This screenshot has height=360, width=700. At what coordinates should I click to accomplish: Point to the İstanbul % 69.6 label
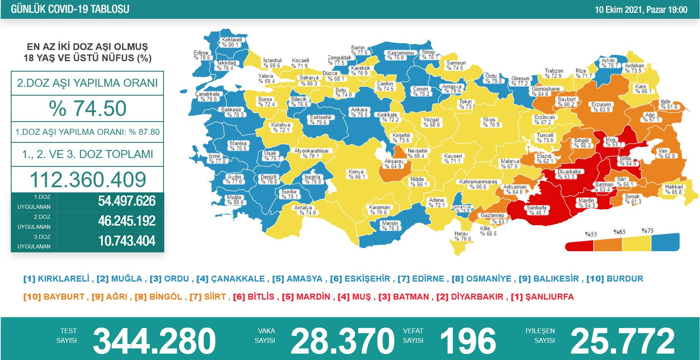point(272,63)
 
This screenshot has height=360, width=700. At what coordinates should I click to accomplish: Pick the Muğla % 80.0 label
point(234,200)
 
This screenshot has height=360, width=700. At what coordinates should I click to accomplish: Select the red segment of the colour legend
point(579,244)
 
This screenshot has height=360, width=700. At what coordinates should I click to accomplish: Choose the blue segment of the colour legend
point(665,242)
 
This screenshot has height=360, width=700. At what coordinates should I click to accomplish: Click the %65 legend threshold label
point(619,232)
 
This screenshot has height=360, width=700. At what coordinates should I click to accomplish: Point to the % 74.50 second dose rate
point(88,108)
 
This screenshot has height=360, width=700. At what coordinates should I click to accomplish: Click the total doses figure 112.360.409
point(88,180)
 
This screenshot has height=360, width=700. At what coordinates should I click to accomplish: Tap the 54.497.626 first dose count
point(127,201)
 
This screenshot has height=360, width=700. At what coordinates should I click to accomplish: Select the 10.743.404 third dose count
point(127,241)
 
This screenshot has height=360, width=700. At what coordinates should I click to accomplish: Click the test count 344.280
point(154,341)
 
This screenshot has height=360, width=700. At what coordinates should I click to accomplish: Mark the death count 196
point(468,341)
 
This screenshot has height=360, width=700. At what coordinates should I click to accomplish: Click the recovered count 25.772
point(622,341)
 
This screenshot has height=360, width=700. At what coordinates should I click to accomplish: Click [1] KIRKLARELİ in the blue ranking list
point(56,279)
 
